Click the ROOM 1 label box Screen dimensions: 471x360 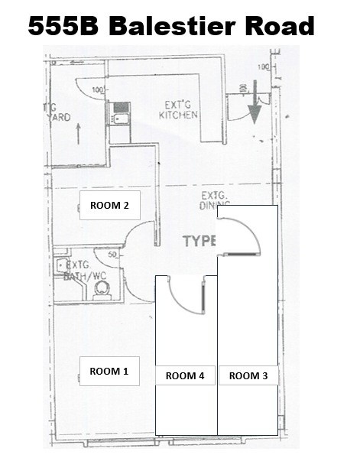[x=109, y=372]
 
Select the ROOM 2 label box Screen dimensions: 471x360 [x=109, y=206]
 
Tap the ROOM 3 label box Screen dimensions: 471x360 [x=248, y=375]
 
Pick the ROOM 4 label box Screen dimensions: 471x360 [x=186, y=375]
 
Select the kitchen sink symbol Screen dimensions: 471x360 [x=120, y=120]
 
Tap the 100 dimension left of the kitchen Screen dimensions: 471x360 [x=97, y=91]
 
